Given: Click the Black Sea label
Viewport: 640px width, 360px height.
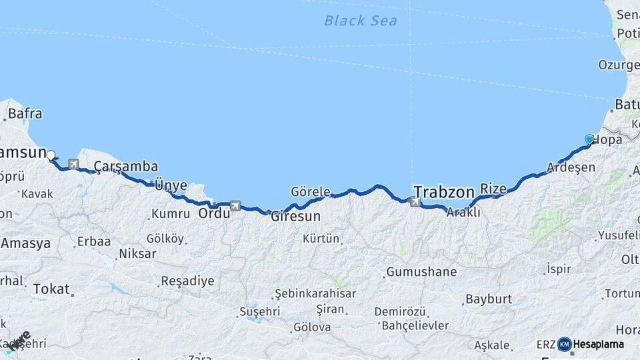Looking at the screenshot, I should pos(360,21).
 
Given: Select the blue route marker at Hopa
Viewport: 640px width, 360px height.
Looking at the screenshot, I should pos(589,139).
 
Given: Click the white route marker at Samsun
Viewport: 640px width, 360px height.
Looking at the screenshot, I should pos(51,155).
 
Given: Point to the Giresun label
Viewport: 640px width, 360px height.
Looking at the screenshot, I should pos(295,217).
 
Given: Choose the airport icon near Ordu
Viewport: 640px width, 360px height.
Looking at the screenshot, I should pos(235,206).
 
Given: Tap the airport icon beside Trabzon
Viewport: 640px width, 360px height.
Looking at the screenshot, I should pos(416,201).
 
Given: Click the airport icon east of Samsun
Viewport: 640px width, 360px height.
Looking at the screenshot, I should pos(73,164).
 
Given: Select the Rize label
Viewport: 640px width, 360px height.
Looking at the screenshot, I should pos(493,189).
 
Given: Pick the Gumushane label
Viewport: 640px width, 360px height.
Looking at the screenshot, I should pos(421,272).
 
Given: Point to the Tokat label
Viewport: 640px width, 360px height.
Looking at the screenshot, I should pos(51,289).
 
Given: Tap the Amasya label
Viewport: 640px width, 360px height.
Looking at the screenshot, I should pos(25,243).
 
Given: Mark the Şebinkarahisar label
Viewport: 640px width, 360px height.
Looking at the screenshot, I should pos(315,293).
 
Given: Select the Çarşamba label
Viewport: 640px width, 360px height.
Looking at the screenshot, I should pos(125,166).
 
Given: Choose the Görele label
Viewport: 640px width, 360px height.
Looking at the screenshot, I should pos(311,192).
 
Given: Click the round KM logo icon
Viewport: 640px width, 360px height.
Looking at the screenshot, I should pos(564,344).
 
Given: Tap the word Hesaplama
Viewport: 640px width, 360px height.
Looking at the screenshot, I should pos(599,344).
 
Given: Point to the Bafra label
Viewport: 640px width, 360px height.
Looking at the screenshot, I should pos(25,114).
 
